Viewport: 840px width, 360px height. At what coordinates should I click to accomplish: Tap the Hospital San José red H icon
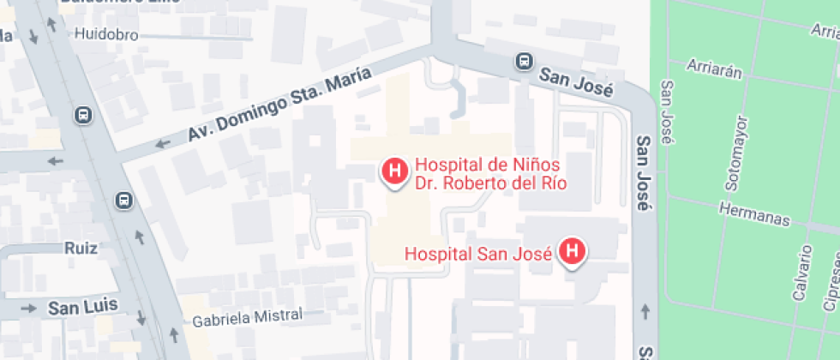tap(573, 252)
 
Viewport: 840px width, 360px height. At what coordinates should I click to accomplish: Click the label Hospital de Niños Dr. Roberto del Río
tap(490, 173)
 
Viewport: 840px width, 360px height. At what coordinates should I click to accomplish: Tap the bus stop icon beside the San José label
tap(522, 61)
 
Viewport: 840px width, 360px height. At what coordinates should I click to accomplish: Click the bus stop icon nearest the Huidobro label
tap(82, 115)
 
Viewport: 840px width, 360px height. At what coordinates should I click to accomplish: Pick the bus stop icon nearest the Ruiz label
tap(124, 201)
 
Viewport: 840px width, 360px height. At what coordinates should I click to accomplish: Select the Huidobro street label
tap(106, 35)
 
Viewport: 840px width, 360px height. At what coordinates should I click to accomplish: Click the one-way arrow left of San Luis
tap(29, 308)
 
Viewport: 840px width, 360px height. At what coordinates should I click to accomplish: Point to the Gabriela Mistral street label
tap(248, 317)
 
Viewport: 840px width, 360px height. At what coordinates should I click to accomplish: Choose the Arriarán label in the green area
tap(714, 69)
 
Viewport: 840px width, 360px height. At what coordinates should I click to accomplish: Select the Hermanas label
tap(754, 214)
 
